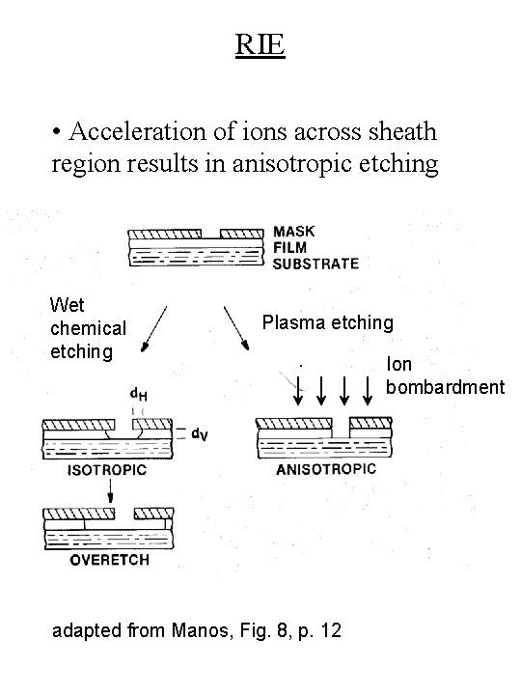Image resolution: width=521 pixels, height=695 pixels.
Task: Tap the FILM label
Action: (290, 247)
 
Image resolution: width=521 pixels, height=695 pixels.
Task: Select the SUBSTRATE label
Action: (315, 263)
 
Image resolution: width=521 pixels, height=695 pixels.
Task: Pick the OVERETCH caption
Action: (104, 562)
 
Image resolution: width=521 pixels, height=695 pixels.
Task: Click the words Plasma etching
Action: (328, 321)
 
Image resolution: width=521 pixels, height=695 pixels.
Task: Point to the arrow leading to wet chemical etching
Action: (155, 329)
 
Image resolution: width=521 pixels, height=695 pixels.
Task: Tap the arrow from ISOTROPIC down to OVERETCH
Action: (111, 492)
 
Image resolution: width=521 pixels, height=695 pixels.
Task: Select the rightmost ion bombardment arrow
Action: (368, 389)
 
